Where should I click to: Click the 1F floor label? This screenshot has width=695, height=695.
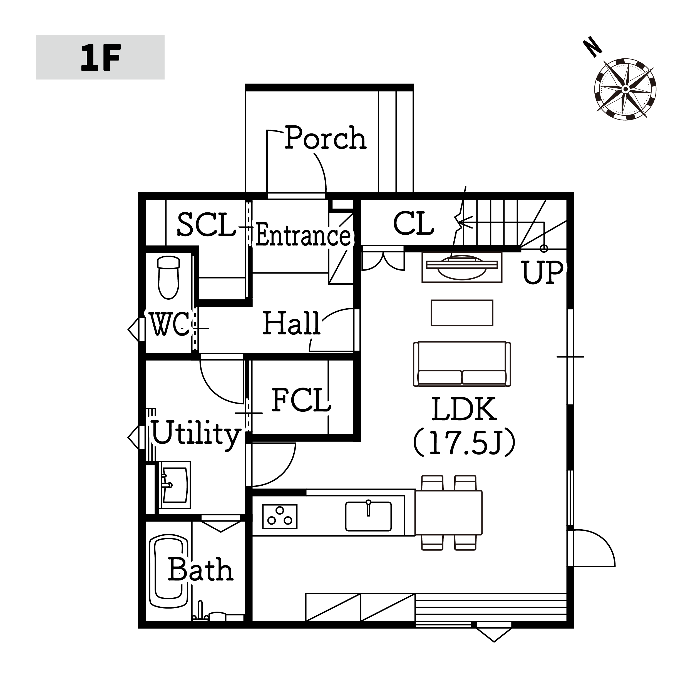point(100,58)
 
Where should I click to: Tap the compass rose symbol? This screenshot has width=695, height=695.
point(625,89)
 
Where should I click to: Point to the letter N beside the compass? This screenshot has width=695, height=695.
point(592,48)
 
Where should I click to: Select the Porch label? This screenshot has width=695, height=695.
point(326,138)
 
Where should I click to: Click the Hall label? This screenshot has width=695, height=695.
point(291,323)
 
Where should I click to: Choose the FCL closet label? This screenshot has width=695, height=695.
point(301,400)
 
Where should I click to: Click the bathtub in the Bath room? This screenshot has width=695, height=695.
point(169,572)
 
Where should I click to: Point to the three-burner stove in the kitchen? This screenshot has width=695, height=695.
point(280,516)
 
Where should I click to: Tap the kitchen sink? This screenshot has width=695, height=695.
point(368,516)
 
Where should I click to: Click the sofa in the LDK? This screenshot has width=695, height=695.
point(462,364)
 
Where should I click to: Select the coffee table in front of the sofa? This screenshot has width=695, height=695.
point(462,313)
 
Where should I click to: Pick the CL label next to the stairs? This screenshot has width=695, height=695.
point(414,224)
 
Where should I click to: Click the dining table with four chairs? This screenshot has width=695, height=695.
point(449,513)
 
